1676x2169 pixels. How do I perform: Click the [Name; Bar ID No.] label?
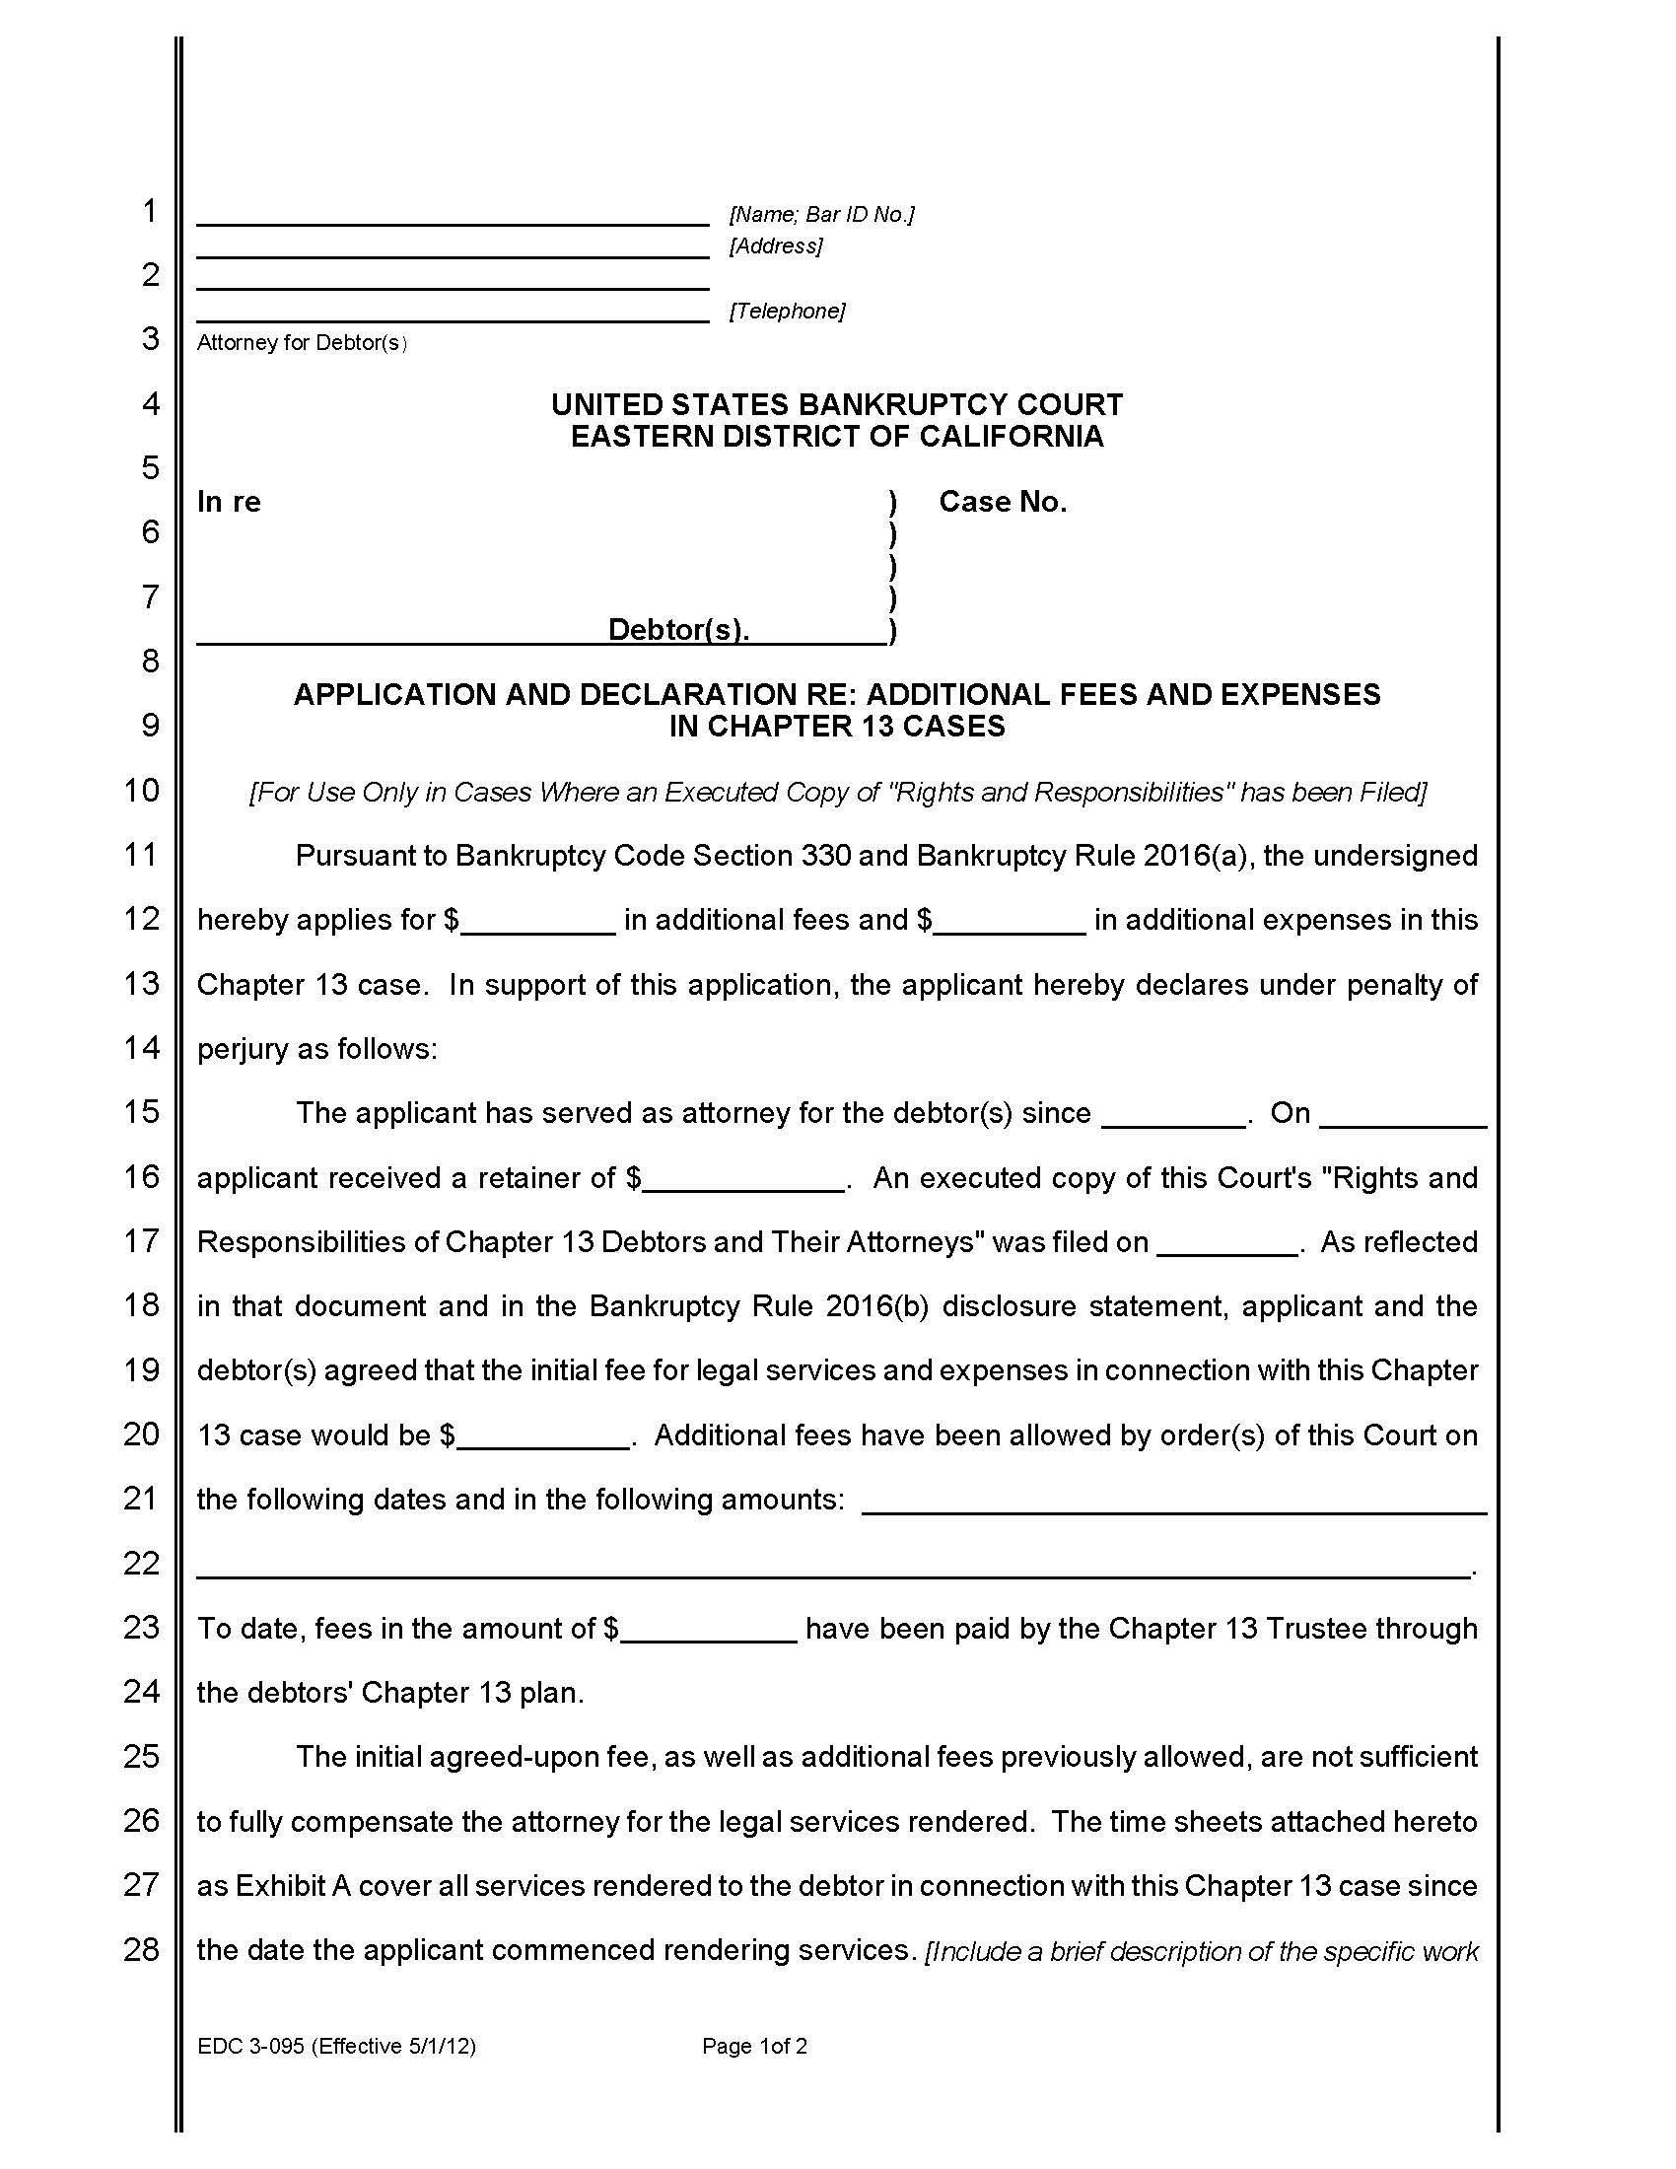821,215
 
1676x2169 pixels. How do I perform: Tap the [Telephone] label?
788,311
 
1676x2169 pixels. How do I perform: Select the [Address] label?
776,245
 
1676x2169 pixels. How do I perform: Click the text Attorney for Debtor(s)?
302,343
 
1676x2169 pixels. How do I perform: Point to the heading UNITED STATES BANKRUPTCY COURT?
837,404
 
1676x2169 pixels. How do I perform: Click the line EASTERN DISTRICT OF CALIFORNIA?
837,436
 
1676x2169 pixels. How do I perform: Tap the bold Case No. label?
1003,502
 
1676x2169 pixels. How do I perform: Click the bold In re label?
229,502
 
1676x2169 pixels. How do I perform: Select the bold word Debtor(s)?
678,629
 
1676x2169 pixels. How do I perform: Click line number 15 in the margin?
141,1111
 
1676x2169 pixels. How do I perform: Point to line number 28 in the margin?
141,1949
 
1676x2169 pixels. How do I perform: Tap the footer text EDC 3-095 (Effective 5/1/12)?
336,2046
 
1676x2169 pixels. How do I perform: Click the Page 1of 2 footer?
754,2046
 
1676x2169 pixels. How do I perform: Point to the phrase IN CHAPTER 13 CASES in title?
837,726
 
